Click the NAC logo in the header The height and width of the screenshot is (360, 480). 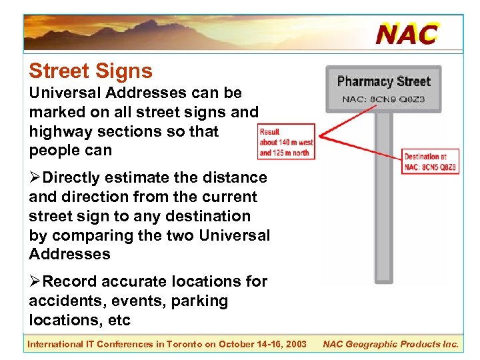407,33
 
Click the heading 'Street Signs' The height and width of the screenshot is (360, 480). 91,71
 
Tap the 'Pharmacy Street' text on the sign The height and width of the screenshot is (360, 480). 384,82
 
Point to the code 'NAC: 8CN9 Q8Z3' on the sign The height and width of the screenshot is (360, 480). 383,100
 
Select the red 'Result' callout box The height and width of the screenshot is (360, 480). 286,142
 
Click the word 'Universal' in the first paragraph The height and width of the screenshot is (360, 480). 61,93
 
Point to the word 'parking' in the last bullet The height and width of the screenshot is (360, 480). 199,301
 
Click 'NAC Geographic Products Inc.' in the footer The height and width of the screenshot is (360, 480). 391,344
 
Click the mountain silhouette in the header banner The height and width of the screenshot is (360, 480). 167,30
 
